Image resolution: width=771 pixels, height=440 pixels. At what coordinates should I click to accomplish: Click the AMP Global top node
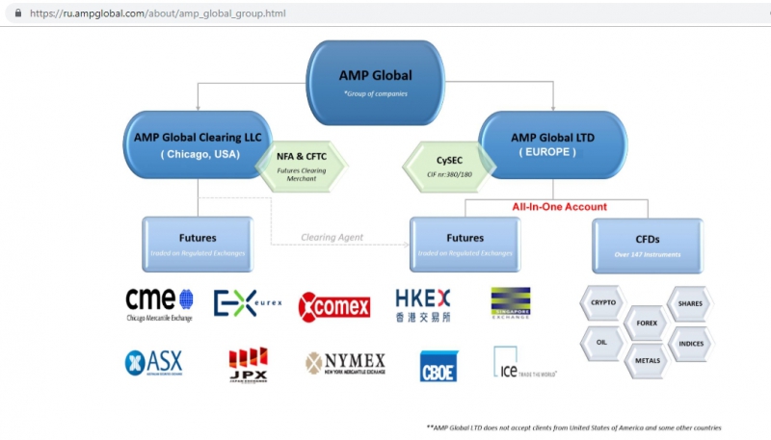[x=375, y=82]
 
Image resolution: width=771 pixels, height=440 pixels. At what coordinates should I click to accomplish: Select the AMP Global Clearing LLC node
[x=198, y=144]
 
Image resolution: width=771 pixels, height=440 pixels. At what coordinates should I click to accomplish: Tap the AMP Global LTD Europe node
[x=552, y=144]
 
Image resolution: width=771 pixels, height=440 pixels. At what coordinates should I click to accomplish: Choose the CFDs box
[x=647, y=245]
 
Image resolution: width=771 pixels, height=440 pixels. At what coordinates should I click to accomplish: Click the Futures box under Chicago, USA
[x=198, y=244]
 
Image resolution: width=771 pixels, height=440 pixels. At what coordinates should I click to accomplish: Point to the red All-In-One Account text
[x=559, y=206]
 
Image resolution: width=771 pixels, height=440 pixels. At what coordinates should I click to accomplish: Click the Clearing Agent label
[x=331, y=237]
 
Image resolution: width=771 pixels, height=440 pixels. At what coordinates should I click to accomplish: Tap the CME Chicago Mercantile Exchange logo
[x=159, y=304]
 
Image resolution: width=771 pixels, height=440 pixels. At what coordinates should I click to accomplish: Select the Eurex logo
[x=247, y=303]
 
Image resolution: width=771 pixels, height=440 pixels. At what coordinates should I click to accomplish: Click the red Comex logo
[x=334, y=306]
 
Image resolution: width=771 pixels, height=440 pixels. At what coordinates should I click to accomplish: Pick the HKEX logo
[x=423, y=304]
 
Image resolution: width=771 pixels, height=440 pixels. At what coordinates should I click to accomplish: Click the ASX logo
[x=153, y=363]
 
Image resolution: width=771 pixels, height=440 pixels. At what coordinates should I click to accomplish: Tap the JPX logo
[x=248, y=365]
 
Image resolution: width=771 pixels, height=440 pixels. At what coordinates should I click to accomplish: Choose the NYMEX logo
[x=345, y=363]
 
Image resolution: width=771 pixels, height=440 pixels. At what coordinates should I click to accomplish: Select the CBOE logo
[x=439, y=366]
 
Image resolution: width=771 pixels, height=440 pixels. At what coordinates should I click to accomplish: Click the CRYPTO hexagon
[x=603, y=302]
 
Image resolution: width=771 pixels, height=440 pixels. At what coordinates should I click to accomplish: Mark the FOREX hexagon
[x=647, y=323]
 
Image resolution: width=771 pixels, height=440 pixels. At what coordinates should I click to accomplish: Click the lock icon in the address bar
[x=18, y=13]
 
